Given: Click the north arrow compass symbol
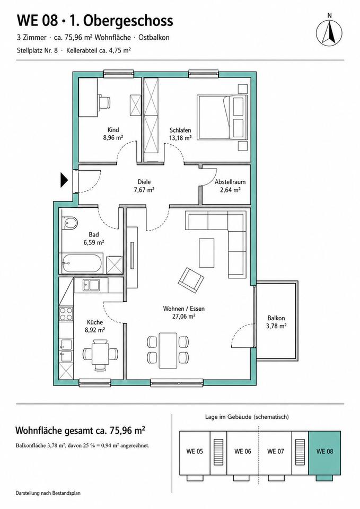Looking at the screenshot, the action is click(329, 31).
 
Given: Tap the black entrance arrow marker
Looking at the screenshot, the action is click(64, 180).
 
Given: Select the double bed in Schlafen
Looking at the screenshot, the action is click(222, 117).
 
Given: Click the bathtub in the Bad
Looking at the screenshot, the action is click(83, 264).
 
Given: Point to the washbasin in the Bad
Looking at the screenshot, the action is click(70, 223).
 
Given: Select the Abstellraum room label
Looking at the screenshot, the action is click(230, 182).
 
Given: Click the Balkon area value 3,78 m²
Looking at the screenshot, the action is click(276, 326).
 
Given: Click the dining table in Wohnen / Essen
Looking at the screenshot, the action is click(168, 350).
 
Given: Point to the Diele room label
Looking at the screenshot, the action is click(144, 182).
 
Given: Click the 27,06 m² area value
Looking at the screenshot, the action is click(184, 317).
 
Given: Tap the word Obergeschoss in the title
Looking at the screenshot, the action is click(128, 21).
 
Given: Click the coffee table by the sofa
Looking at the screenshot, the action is click(207, 253).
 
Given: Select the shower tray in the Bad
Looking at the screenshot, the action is click(115, 265).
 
